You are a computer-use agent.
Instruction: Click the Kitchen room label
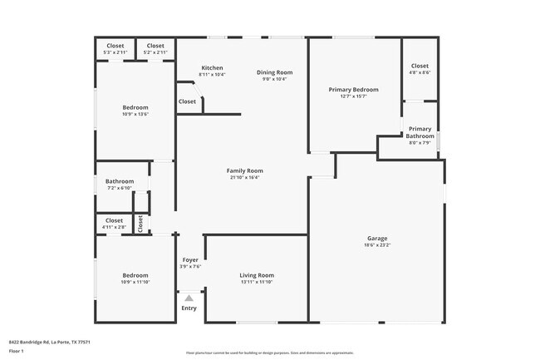212,67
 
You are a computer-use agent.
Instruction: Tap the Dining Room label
274,72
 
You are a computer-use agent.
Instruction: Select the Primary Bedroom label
354,90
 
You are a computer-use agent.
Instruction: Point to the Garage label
377,238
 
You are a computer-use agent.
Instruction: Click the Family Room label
244,170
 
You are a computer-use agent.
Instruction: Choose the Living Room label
257,275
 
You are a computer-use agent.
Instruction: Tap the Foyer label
190,259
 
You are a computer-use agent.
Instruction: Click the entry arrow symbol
189,298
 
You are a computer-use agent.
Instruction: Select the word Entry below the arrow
189,308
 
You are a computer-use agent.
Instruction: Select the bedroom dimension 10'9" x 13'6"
135,114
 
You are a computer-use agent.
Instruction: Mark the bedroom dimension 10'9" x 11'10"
135,282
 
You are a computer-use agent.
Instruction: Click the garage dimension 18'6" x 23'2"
377,245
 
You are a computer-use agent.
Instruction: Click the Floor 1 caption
17,352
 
